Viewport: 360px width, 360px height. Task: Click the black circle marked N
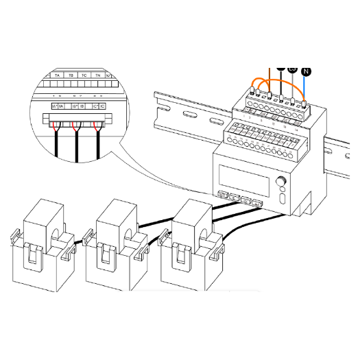coord(306,70)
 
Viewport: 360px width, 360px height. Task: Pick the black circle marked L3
coord(292,70)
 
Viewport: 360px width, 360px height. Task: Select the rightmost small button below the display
coord(257,203)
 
